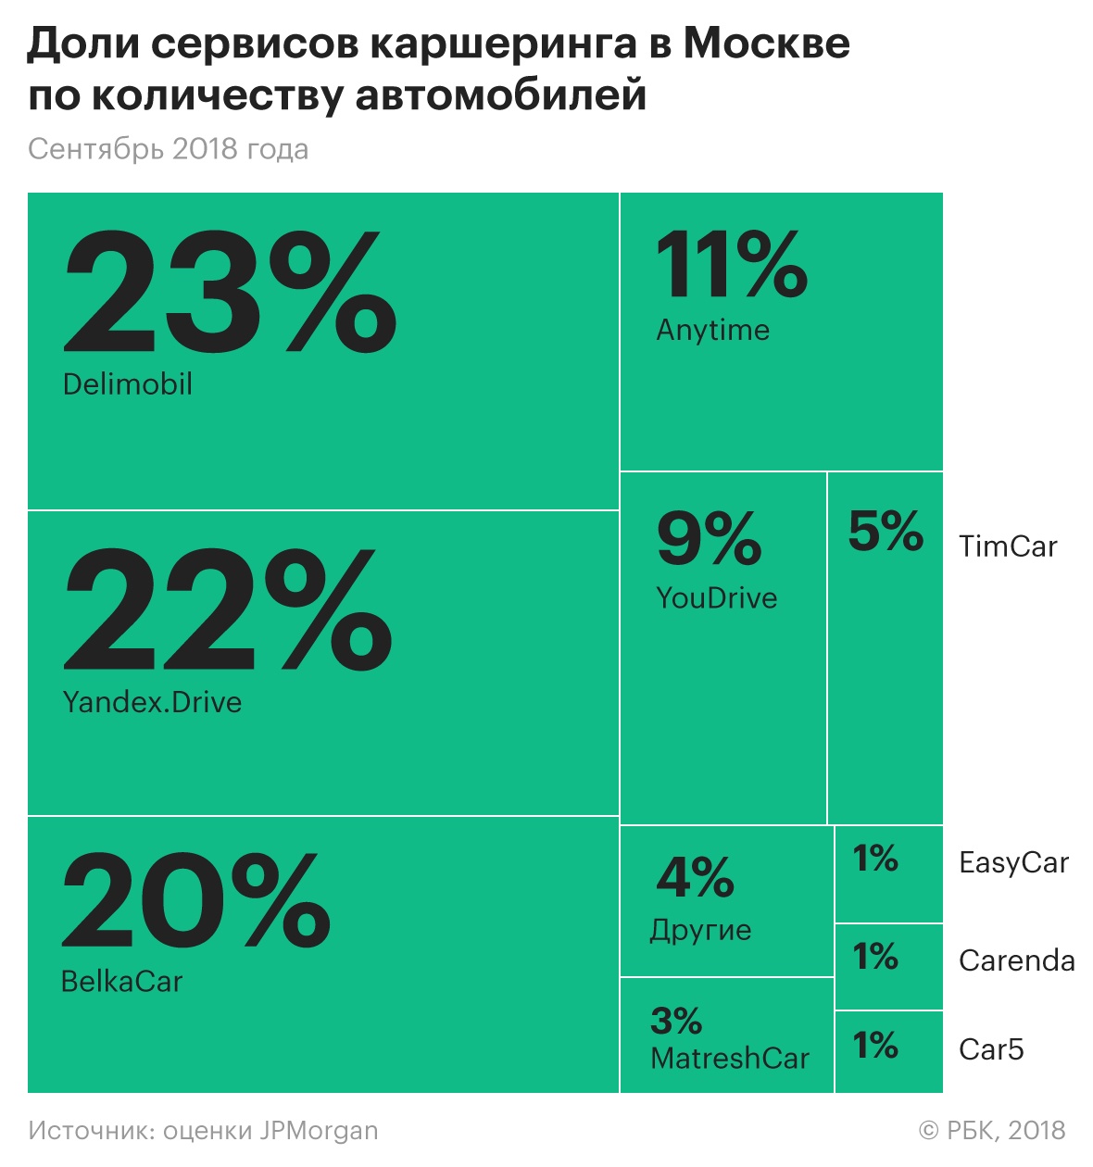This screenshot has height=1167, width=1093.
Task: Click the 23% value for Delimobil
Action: point(230,293)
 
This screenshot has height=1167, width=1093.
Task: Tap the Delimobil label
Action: point(128,384)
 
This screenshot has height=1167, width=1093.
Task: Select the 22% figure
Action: point(228,609)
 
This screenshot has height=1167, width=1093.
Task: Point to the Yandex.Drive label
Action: point(152,702)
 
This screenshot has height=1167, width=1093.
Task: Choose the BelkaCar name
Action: point(121,982)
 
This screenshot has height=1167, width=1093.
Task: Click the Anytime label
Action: point(712,331)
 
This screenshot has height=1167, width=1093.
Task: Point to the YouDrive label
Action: point(716,598)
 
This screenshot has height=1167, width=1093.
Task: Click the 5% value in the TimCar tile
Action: point(886,531)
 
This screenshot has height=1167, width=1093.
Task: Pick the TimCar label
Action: point(1008,546)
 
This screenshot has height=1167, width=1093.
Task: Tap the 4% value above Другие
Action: point(695,877)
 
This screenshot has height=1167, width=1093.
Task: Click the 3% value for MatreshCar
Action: point(676,1022)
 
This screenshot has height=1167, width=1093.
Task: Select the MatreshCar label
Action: point(730,1059)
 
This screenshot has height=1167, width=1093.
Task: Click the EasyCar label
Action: point(1013,863)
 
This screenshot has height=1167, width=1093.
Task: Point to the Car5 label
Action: point(991,1049)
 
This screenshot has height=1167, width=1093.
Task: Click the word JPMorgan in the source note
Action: point(319,1131)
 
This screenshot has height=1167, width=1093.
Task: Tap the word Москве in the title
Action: point(766,44)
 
